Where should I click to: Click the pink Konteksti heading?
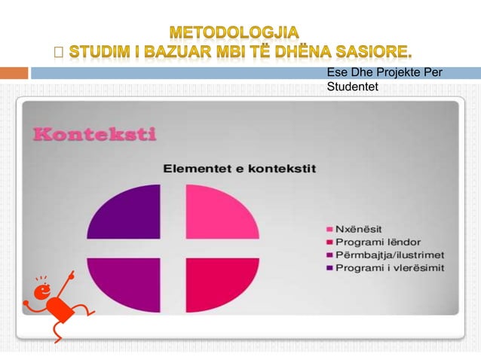click(94, 135)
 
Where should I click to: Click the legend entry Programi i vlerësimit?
click(389, 267)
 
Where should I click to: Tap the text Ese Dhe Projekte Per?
click(384, 73)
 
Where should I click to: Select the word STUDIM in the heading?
click(94, 52)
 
